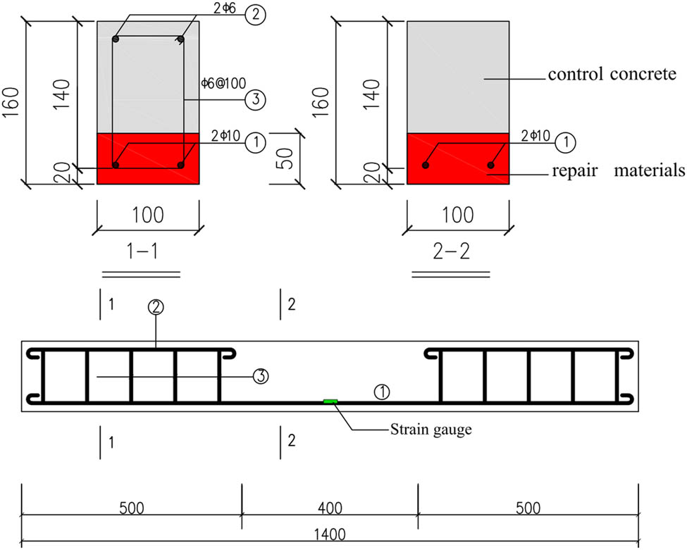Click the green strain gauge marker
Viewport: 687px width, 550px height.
click(x=330, y=401)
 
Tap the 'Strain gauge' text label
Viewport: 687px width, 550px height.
click(x=431, y=429)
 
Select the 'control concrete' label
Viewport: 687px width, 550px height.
click(x=612, y=74)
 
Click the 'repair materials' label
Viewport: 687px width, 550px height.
click(x=619, y=170)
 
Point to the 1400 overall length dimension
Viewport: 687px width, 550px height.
click(x=330, y=535)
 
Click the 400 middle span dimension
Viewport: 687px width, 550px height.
click(x=330, y=508)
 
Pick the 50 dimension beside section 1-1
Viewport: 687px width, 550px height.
click(x=285, y=158)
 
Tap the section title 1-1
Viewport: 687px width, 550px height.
click(x=142, y=251)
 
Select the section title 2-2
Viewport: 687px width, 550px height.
click(x=451, y=251)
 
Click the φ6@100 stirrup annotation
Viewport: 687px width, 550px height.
click(x=223, y=83)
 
